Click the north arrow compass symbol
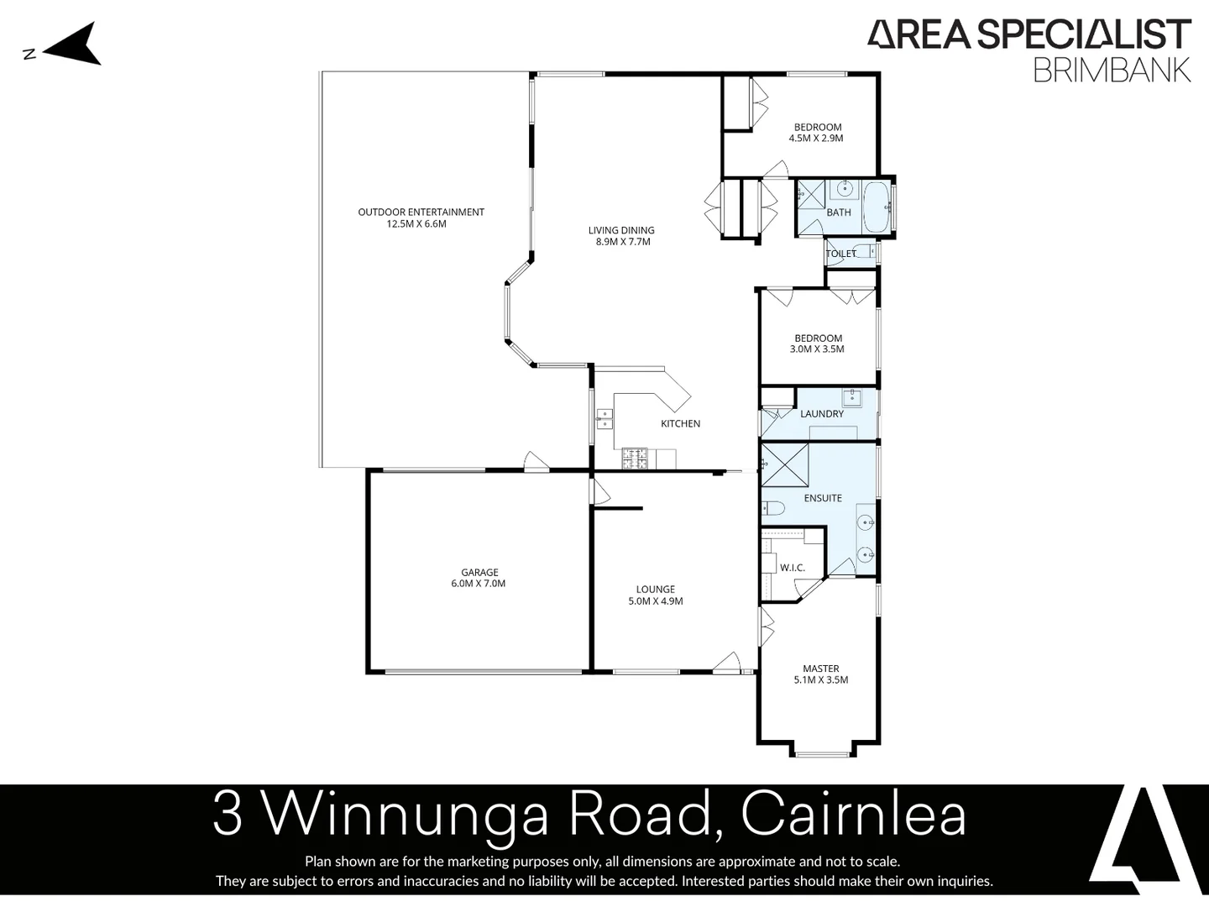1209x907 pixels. [74, 45]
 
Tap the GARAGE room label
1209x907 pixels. [479, 573]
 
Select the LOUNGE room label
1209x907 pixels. [655, 590]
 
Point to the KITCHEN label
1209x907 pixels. [680, 423]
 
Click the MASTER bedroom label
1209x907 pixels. [820, 669]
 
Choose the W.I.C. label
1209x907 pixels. [792, 568]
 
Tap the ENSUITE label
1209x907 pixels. [823, 498]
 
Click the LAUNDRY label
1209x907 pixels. [822, 414]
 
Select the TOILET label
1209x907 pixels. [841, 254]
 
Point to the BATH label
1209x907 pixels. [839, 212]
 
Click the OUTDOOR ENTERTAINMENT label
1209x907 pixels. [421, 212]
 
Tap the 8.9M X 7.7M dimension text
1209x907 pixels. [621, 242]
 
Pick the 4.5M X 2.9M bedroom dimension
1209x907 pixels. [816, 139]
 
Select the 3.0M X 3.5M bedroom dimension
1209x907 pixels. [817, 349]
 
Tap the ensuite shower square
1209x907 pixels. [785, 464]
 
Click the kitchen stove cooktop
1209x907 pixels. [636, 459]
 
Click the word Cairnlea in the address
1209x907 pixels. [854, 815]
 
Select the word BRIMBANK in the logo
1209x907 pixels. [1112, 70]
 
